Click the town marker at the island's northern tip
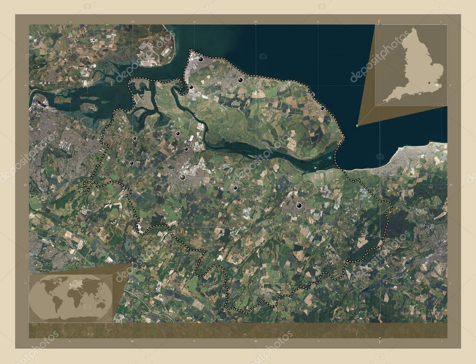click(x=201, y=60)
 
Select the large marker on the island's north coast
click(x=240, y=80)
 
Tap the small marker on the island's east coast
click(x=322, y=108)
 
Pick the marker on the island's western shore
click(x=191, y=87)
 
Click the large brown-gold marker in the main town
click(x=183, y=177)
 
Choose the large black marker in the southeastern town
click(x=299, y=205)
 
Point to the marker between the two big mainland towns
click(x=235, y=188)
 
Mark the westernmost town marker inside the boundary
click(x=132, y=163)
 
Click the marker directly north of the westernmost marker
click(x=134, y=138)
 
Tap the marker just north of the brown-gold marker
click(x=186, y=149)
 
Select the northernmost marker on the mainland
click(x=178, y=133)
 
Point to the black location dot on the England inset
click(x=430, y=82)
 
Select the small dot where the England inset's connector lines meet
click(x=357, y=126)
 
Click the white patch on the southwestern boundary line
click(x=139, y=228)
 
